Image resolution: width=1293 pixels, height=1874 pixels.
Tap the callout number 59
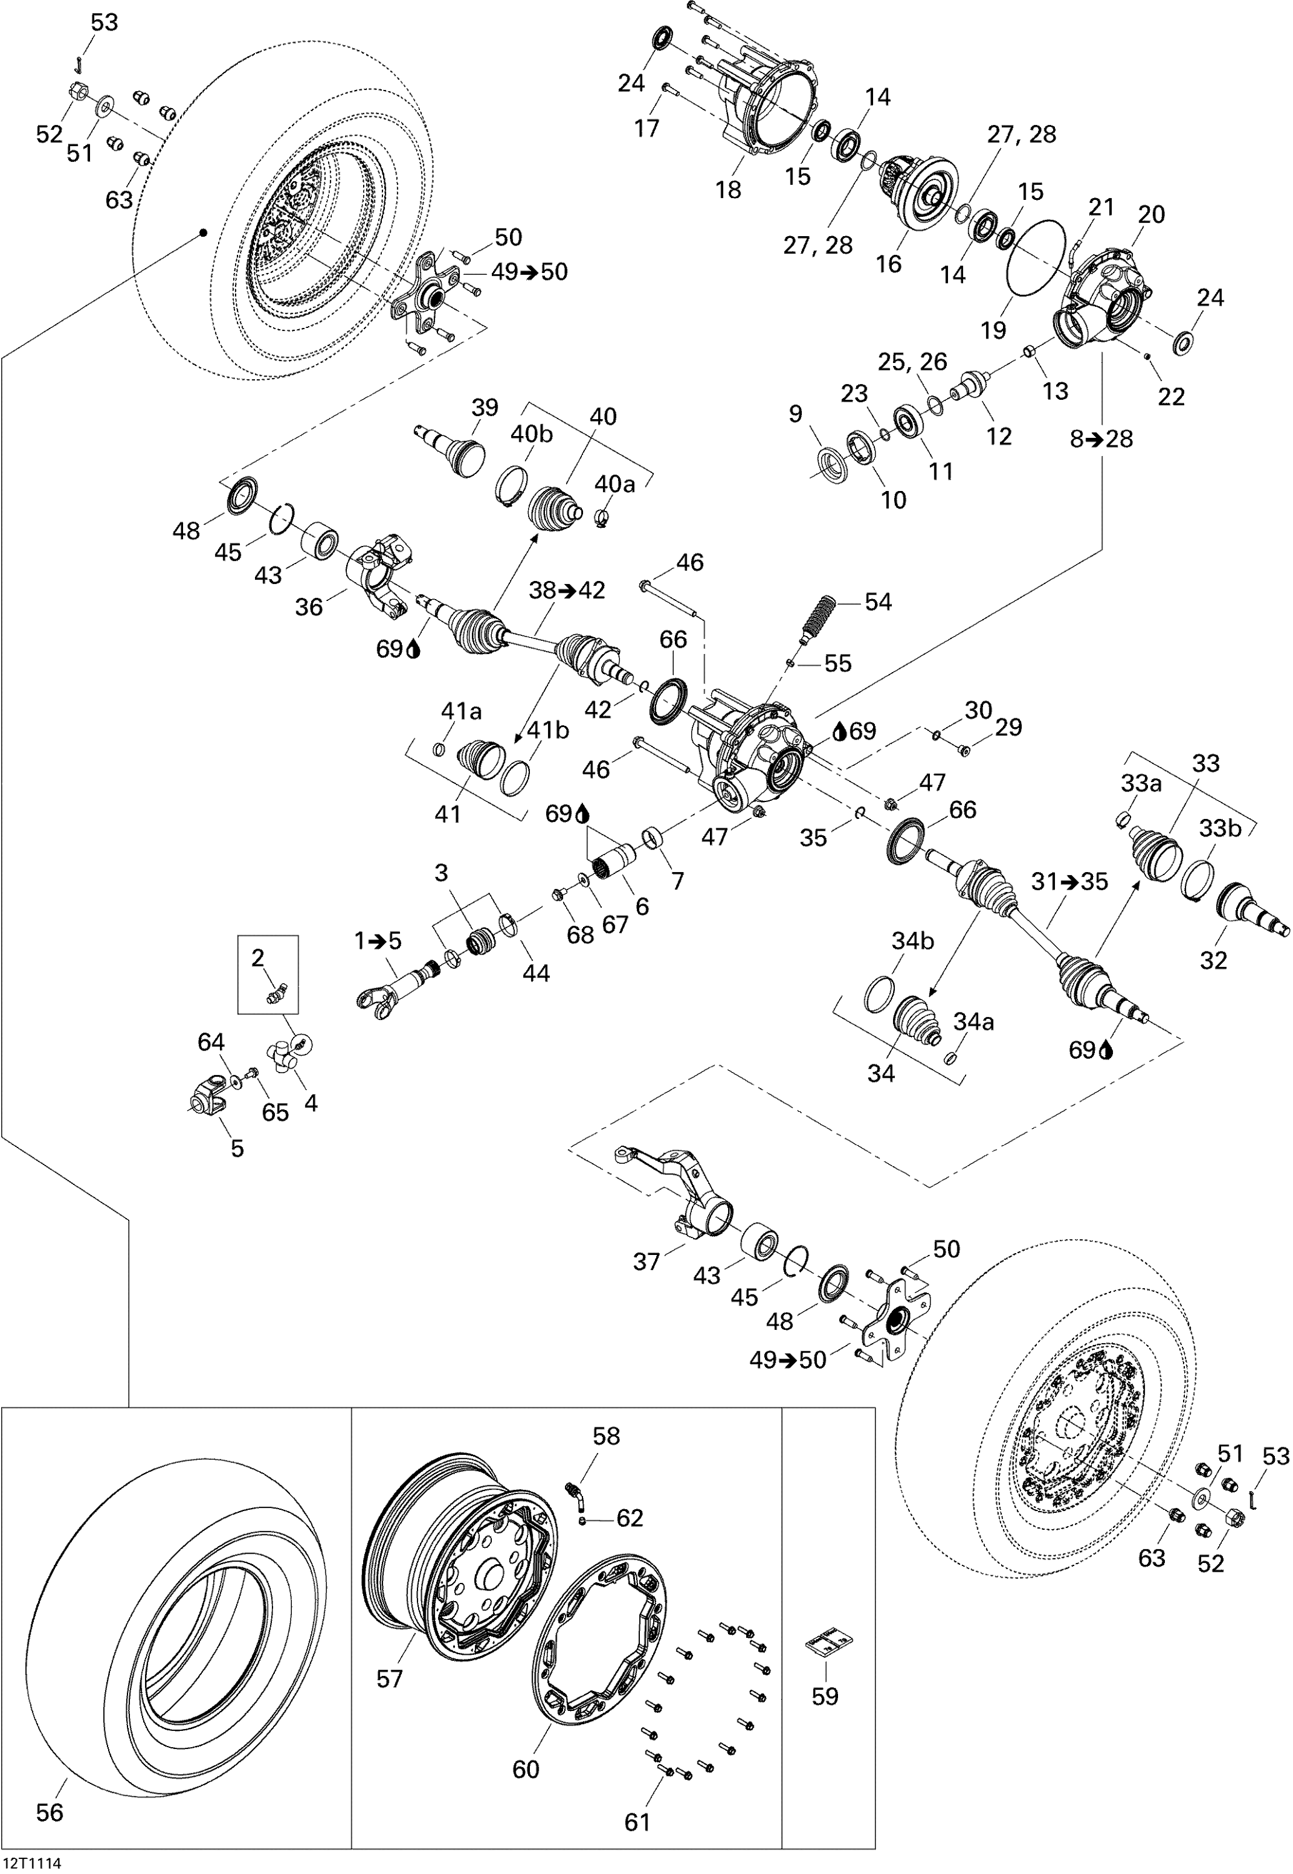point(825,1695)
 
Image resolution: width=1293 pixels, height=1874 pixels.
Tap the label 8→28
point(1101,439)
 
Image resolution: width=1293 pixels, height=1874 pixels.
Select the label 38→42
point(567,590)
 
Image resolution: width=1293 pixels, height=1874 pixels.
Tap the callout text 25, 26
point(912,362)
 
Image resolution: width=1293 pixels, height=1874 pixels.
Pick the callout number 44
point(536,973)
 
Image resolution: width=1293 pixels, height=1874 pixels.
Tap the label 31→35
point(1069,881)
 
